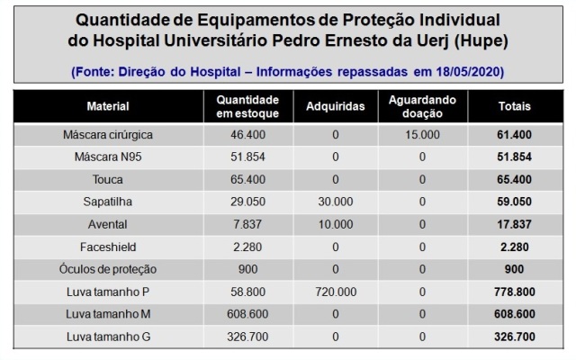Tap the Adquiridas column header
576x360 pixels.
click(x=334, y=106)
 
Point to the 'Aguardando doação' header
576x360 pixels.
click(x=423, y=106)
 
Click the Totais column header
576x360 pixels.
click(x=513, y=106)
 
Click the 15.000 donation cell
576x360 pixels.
click(x=423, y=134)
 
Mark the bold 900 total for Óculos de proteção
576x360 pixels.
click(x=513, y=269)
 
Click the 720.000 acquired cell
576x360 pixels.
click(x=334, y=292)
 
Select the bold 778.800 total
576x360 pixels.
click(x=513, y=292)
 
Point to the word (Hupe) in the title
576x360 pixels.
click(x=474, y=41)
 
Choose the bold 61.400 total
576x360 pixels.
click(x=513, y=134)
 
